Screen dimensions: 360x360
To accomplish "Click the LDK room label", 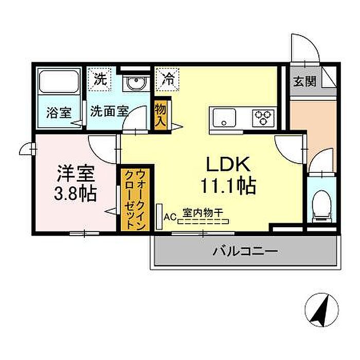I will [x=228, y=165].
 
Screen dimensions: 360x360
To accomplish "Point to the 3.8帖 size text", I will [x=76, y=194].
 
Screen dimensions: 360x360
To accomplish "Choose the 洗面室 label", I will [x=109, y=112].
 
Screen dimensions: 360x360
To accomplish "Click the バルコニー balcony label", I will [x=245, y=251].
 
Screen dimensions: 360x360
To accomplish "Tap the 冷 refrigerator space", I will [x=168, y=79].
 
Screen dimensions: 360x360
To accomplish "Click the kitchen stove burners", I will [x=263, y=118].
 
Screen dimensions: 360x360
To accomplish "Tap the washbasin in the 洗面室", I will [x=137, y=83].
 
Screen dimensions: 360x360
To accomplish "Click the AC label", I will [x=170, y=217].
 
